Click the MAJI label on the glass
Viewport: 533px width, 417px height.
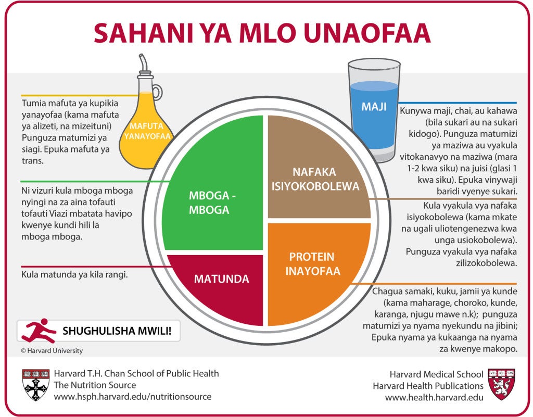(x=374, y=107)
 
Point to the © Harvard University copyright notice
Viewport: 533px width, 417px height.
(x=52, y=351)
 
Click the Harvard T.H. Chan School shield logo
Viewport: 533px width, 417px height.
(x=36, y=384)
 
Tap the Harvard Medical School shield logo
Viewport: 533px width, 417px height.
(x=502, y=384)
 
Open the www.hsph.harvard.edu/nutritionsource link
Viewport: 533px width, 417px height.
(x=133, y=397)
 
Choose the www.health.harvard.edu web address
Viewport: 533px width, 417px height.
(x=434, y=397)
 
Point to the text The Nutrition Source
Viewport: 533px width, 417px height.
(x=95, y=385)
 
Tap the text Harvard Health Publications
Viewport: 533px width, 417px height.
(x=428, y=386)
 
